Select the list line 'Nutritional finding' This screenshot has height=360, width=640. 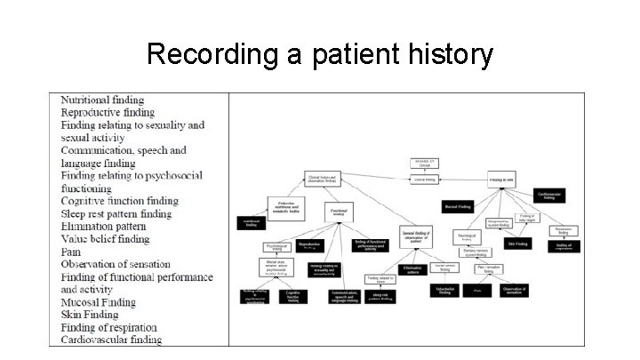(102, 100)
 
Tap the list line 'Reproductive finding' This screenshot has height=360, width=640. (108, 113)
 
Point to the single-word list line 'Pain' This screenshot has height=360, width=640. (72, 252)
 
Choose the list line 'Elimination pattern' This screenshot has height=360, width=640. (103, 227)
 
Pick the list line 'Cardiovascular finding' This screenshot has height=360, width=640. (111, 340)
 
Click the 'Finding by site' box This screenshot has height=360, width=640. (501, 179)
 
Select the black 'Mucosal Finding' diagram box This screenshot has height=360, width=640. (462, 206)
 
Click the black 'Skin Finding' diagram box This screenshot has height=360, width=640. (518, 243)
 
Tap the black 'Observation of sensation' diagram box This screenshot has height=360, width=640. (514, 290)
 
